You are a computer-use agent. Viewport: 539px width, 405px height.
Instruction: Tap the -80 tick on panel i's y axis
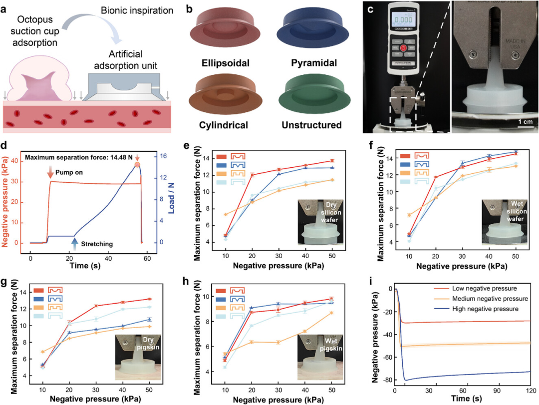pos(386,381)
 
